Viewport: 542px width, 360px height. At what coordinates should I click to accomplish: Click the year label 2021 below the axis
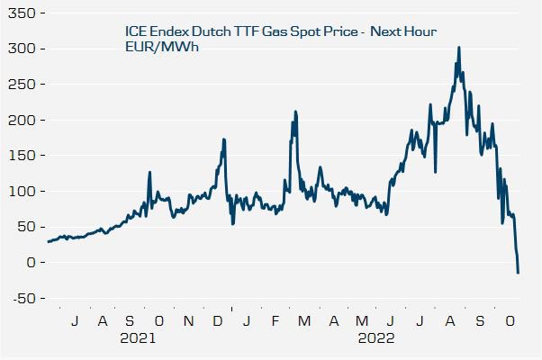click(138, 339)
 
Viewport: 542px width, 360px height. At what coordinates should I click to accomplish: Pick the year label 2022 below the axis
click(376, 339)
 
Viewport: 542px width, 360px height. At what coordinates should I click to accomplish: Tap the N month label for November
click(188, 321)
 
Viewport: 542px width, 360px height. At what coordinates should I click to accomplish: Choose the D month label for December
click(217, 321)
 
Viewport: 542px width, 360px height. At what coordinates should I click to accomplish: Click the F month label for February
click(276, 321)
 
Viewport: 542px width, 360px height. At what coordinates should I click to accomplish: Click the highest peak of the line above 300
click(459, 48)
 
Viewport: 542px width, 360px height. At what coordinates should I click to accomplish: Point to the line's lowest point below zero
click(518, 273)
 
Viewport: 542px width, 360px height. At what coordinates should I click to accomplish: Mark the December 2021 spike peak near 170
click(223, 139)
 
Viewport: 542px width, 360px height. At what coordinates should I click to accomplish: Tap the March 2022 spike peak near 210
click(295, 112)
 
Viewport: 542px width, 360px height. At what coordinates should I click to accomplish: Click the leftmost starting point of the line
click(48, 241)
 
